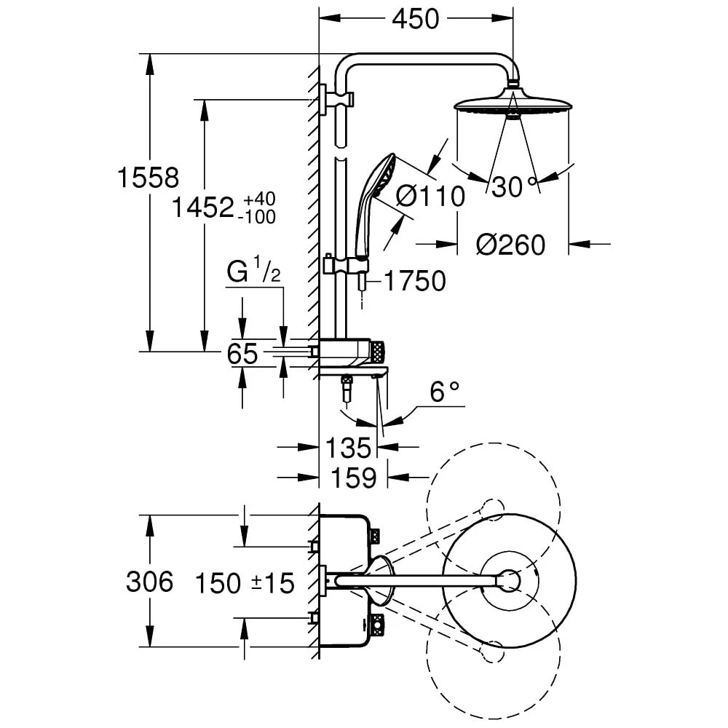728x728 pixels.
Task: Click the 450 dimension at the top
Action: tap(416, 20)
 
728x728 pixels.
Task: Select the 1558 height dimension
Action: tap(149, 178)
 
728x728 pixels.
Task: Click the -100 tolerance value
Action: tap(259, 217)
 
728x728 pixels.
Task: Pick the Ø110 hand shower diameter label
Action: tap(430, 196)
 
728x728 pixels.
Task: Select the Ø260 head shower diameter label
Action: tap(510, 245)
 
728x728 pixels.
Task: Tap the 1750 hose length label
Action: tap(414, 281)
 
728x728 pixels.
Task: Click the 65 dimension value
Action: tap(242, 354)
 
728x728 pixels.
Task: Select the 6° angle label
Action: tap(445, 393)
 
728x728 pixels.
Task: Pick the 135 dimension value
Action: tap(349, 448)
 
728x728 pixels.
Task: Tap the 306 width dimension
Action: tap(149, 582)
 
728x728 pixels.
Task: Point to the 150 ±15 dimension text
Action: tap(243, 582)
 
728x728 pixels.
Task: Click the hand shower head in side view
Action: tap(379, 179)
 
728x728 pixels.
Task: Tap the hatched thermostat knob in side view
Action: tap(377, 352)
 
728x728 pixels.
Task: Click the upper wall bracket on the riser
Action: tap(332, 98)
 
